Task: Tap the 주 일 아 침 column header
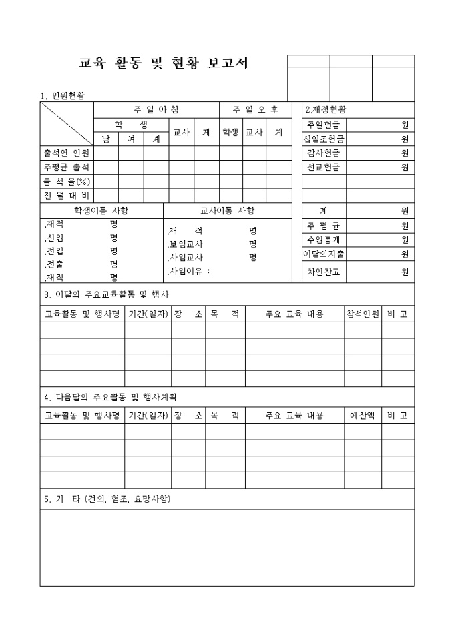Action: point(156,109)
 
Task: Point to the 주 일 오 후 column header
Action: point(256,109)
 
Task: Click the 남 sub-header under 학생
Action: point(105,139)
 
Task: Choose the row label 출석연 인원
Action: point(67,153)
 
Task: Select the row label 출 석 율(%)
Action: point(67,182)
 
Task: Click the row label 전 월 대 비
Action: point(67,196)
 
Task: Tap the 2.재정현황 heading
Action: point(326,109)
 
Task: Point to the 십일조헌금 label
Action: point(324,139)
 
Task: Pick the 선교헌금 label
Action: point(324,168)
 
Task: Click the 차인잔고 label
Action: point(324,272)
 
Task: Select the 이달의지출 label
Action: point(324,254)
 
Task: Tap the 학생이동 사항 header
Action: point(101,210)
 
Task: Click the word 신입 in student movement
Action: point(53,238)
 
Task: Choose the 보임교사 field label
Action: point(186,244)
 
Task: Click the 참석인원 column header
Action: point(363,314)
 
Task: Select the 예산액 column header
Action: point(363,415)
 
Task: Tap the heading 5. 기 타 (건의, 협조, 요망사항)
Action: point(110,499)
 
